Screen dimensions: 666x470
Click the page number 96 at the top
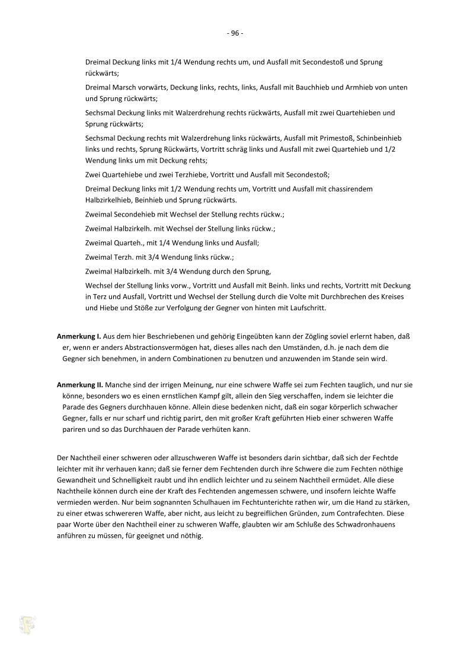[235, 33]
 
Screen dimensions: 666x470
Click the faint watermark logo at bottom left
[27, 624]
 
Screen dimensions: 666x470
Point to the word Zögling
[289, 336]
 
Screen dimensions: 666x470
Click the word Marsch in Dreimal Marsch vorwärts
[125, 87]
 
